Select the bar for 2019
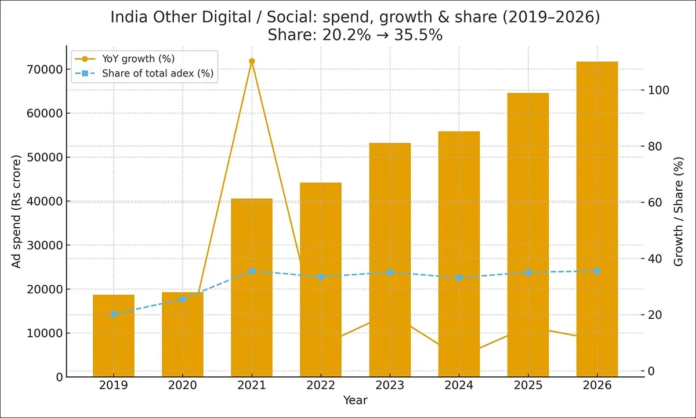114,336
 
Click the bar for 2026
597,220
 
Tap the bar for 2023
390,261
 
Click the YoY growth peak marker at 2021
252,61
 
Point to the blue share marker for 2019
114,314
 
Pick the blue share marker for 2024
459,278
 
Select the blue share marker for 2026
597,271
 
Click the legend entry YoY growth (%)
138,59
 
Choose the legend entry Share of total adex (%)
157,74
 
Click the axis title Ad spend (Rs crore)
17,211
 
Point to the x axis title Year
355,400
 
